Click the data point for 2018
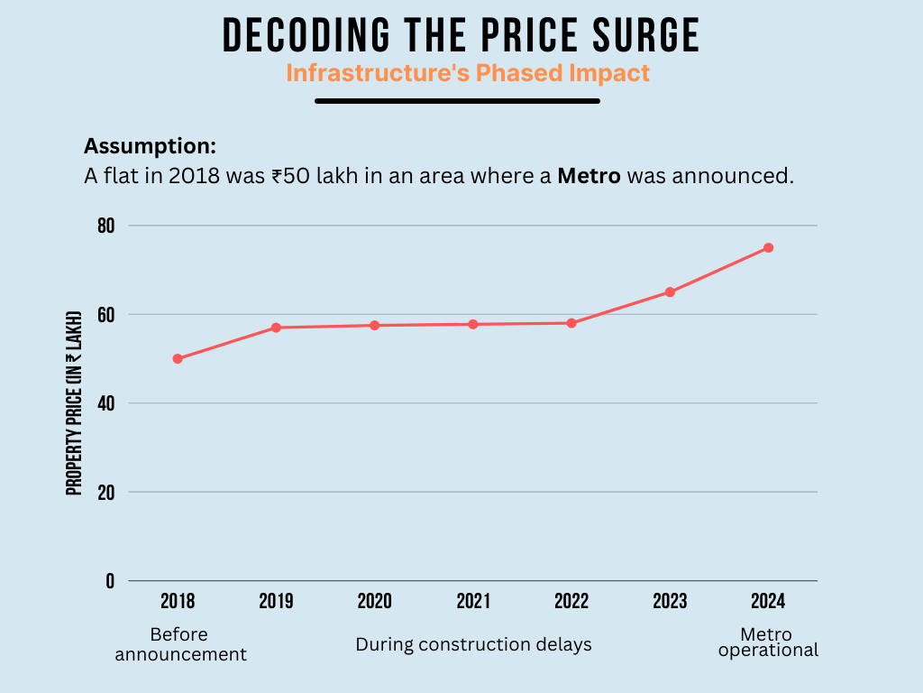(178, 359)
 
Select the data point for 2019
(276, 328)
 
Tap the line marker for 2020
(374, 325)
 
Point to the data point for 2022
(571, 323)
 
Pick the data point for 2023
(670, 292)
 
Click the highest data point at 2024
(768, 247)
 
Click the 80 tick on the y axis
(107, 226)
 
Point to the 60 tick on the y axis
(107, 315)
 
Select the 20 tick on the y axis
(107, 493)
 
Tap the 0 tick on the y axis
(110, 581)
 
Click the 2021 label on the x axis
(473, 602)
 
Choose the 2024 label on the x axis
(768, 602)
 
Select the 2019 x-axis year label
(276, 602)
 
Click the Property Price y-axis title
(74, 402)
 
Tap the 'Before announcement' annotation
(181, 644)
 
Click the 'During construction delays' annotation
(473, 644)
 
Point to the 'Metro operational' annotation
(768, 642)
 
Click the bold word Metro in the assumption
(589, 176)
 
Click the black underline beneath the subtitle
(457, 101)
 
